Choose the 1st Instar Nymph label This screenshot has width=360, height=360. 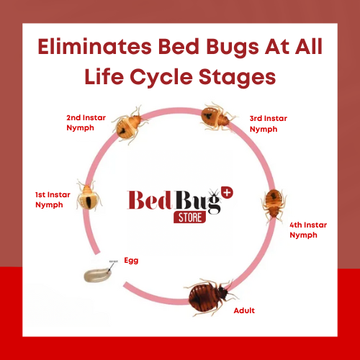(54, 199)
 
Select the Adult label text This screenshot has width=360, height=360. (244, 310)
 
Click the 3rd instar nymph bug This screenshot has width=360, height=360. (216, 115)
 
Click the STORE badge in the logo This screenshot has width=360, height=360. (190, 216)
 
